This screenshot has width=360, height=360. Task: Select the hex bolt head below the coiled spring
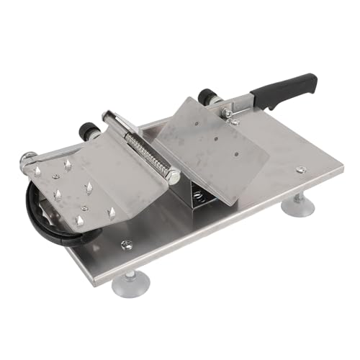pyautogui.click(x=174, y=174)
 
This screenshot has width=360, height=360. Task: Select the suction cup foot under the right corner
pyautogui.click(x=297, y=207)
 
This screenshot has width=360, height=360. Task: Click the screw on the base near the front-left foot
pyautogui.click(x=127, y=245)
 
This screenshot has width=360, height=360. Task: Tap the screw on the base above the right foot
pyautogui.click(x=301, y=170)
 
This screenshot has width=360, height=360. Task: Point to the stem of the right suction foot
pyautogui.click(x=297, y=197)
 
